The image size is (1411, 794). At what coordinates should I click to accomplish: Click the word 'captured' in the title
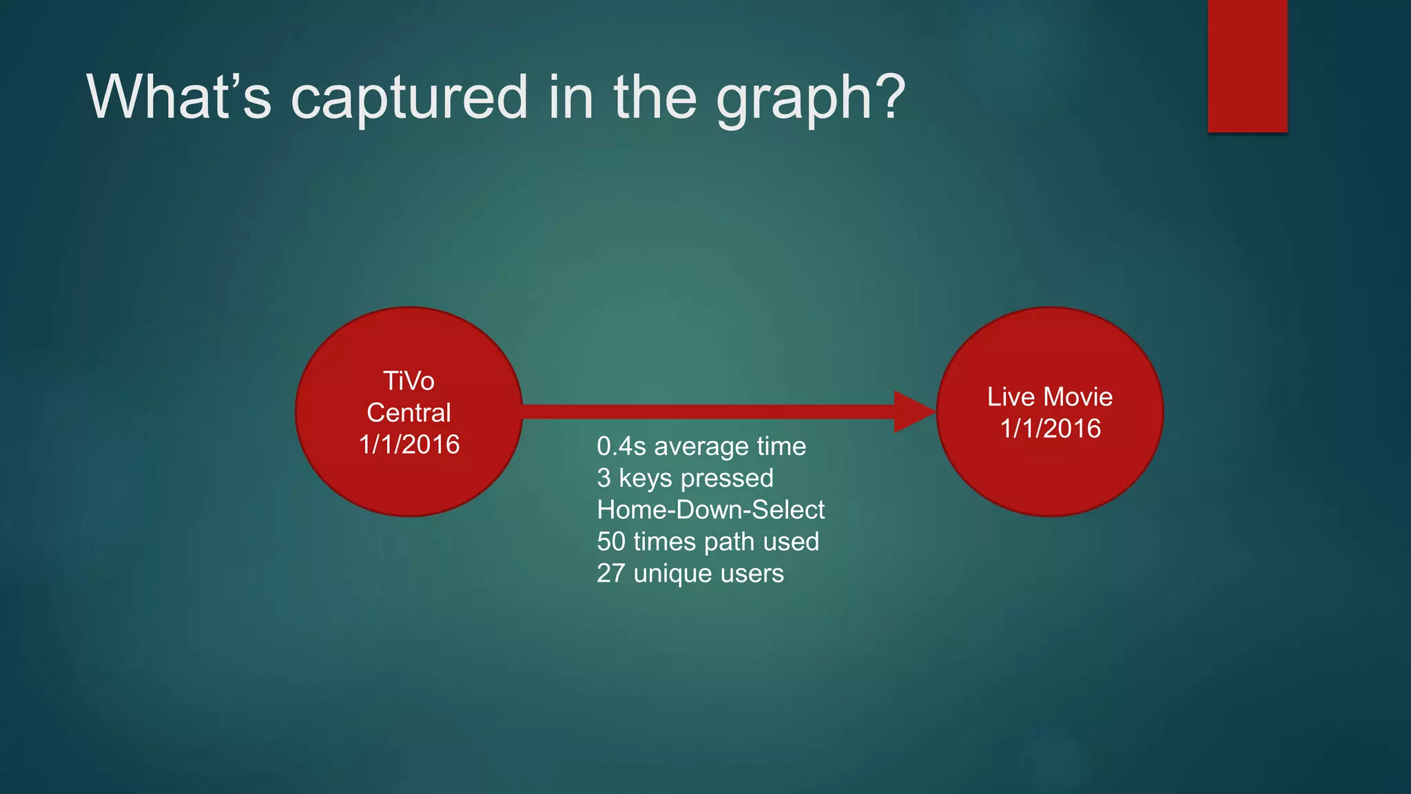[411, 98]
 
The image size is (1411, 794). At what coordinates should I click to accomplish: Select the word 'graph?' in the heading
[810, 98]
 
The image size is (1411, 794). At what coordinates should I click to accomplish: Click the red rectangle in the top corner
[1247, 65]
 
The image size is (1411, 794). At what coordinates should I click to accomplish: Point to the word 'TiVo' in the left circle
[409, 381]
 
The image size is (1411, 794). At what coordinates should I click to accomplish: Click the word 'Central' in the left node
[409, 413]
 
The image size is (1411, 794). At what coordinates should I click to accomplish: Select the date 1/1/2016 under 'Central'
[409, 445]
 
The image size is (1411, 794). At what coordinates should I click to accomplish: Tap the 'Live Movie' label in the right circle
[1049, 397]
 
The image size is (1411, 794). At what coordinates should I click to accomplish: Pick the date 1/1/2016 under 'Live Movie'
[1050, 429]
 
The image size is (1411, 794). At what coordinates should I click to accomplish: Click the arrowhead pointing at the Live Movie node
[914, 412]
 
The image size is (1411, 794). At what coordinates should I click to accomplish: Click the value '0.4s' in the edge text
[621, 447]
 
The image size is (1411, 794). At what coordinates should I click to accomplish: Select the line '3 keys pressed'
[685, 478]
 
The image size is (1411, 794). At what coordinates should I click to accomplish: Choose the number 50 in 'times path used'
[611, 542]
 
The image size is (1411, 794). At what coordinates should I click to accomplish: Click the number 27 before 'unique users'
[610, 573]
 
